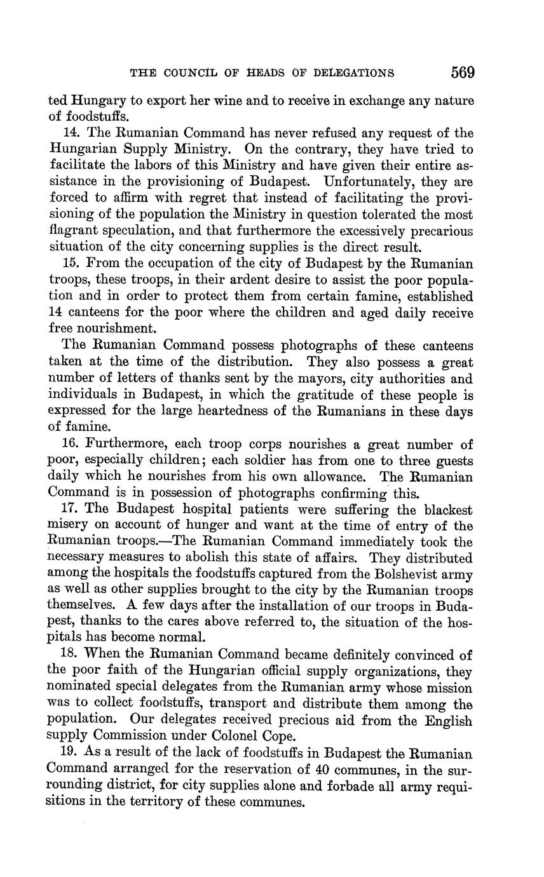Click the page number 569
(x=463, y=72)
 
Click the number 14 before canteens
(x=57, y=313)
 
